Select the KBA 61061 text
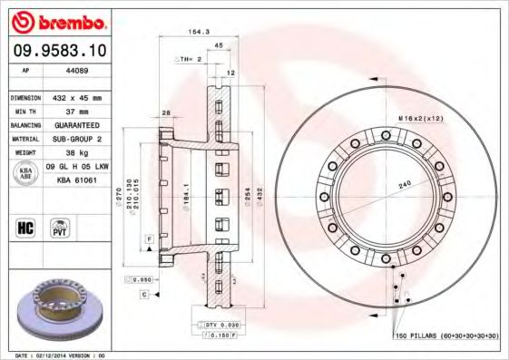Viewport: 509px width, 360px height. [77, 180]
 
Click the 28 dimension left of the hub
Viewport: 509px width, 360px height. [167, 113]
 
